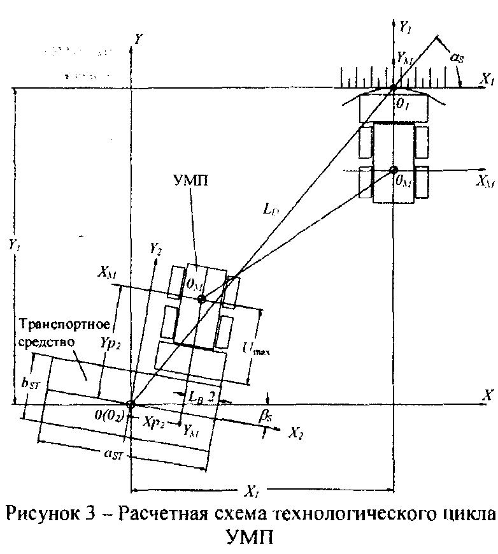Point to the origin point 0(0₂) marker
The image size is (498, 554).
pos(131,404)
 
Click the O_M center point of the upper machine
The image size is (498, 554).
pos(394,170)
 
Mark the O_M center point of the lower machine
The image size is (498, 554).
pos(201,298)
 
